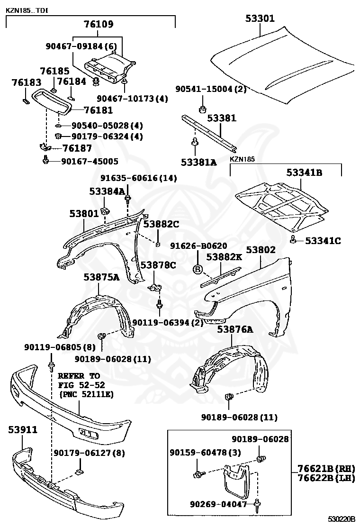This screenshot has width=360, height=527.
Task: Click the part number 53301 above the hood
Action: (260, 18)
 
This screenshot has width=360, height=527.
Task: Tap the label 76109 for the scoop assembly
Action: (99, 24)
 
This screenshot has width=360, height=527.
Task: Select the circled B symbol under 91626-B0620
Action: (198, 270)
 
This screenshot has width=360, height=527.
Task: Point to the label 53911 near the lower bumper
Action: (23, 430)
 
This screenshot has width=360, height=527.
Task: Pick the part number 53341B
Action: (304, 173)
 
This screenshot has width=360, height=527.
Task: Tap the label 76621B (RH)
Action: (326, 468)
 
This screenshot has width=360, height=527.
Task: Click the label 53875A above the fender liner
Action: (101, 277)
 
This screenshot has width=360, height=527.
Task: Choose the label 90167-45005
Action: (90, 161)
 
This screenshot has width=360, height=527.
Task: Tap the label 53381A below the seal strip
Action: (198, 162)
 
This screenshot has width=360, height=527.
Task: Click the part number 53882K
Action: (224, 257)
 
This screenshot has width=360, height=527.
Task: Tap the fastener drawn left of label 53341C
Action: (294, 239)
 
